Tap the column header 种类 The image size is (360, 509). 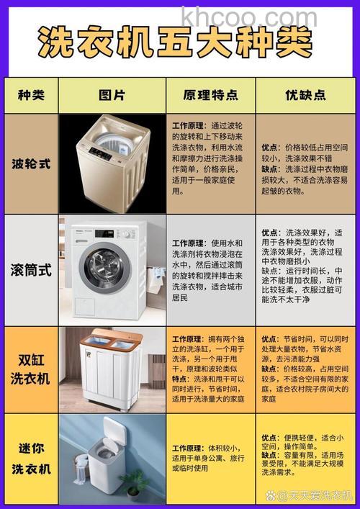pyautogui.click(x=30, y=95)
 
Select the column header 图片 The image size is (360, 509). pyautogui.click(x=112, y=95)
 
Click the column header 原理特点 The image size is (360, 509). pyautogui.click(x=210, y=95)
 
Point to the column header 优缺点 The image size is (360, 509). pyautogui.click(x=305, y=95)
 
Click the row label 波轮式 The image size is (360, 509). pyautogui.click(x=30, y=163)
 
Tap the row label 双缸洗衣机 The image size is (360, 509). pyautogui.click(x=30, y=369)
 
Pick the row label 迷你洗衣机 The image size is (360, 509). pyautogui.click(x=30, y=459)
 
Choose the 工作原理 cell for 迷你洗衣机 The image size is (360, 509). pyautogui.click(x=209, y=458)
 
